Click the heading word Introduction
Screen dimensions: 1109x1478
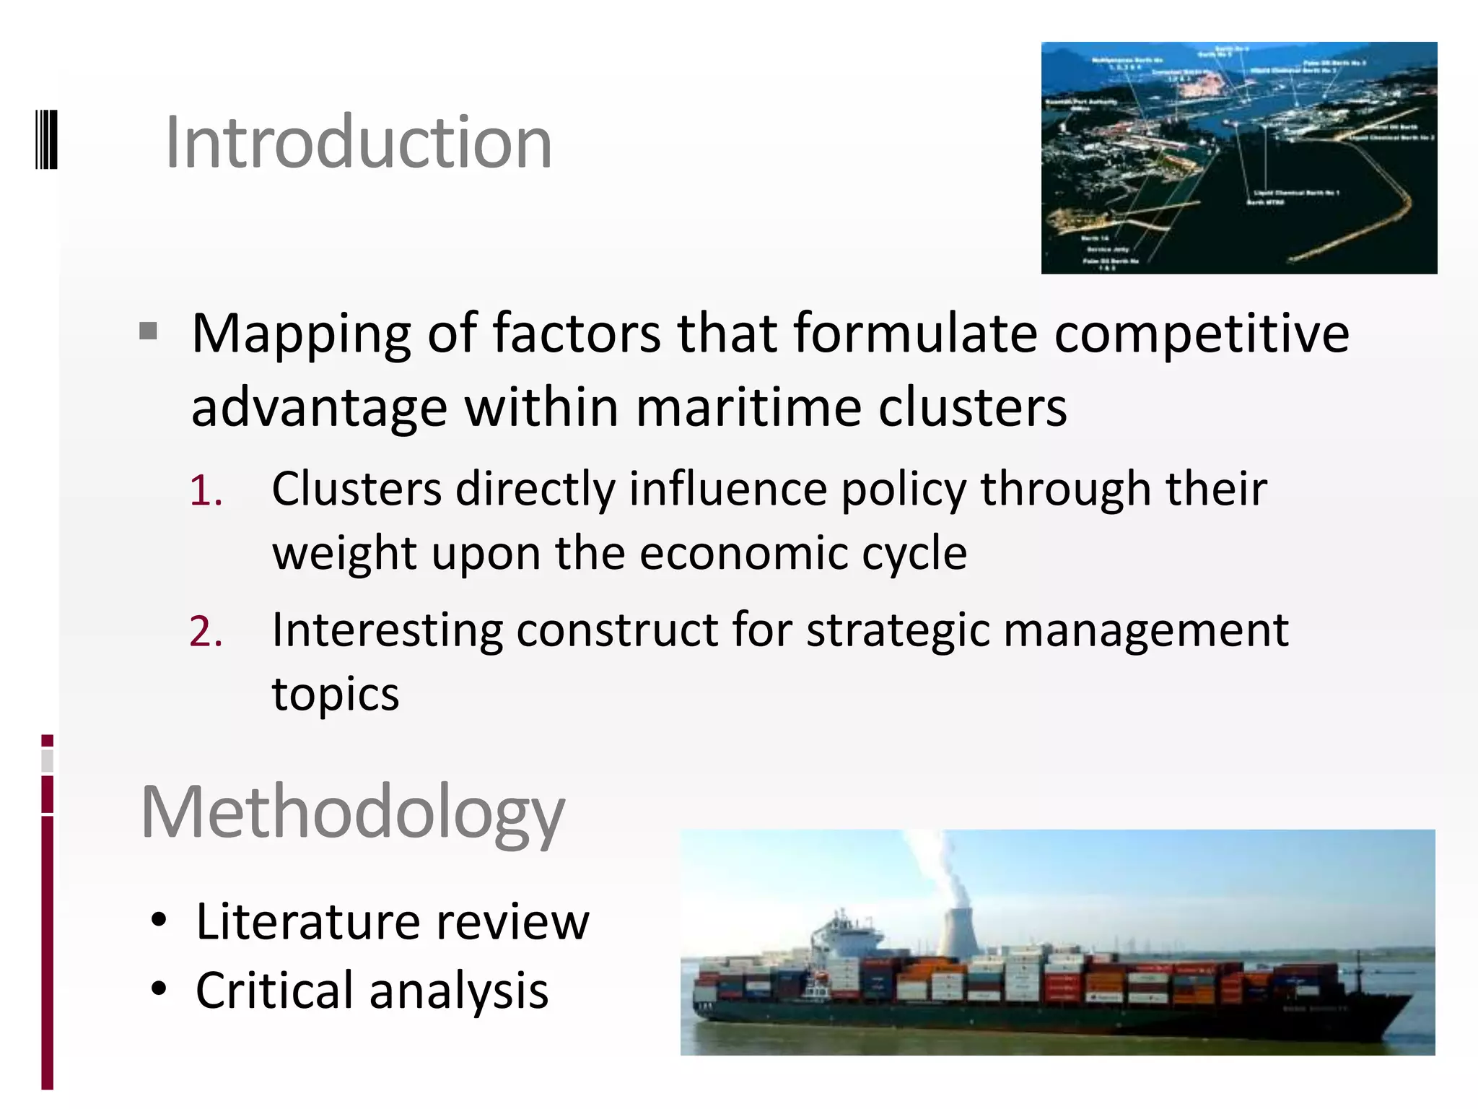359,143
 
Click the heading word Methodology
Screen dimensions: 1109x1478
353,813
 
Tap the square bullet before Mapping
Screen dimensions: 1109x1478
149,331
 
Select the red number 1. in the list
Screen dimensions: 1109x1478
206,492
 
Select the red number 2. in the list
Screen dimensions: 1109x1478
206,632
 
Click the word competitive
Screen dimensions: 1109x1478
1201,334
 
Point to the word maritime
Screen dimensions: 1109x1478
748,408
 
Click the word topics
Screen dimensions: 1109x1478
336,695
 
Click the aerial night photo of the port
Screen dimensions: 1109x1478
1238,157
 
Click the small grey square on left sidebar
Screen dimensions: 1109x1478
47,760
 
